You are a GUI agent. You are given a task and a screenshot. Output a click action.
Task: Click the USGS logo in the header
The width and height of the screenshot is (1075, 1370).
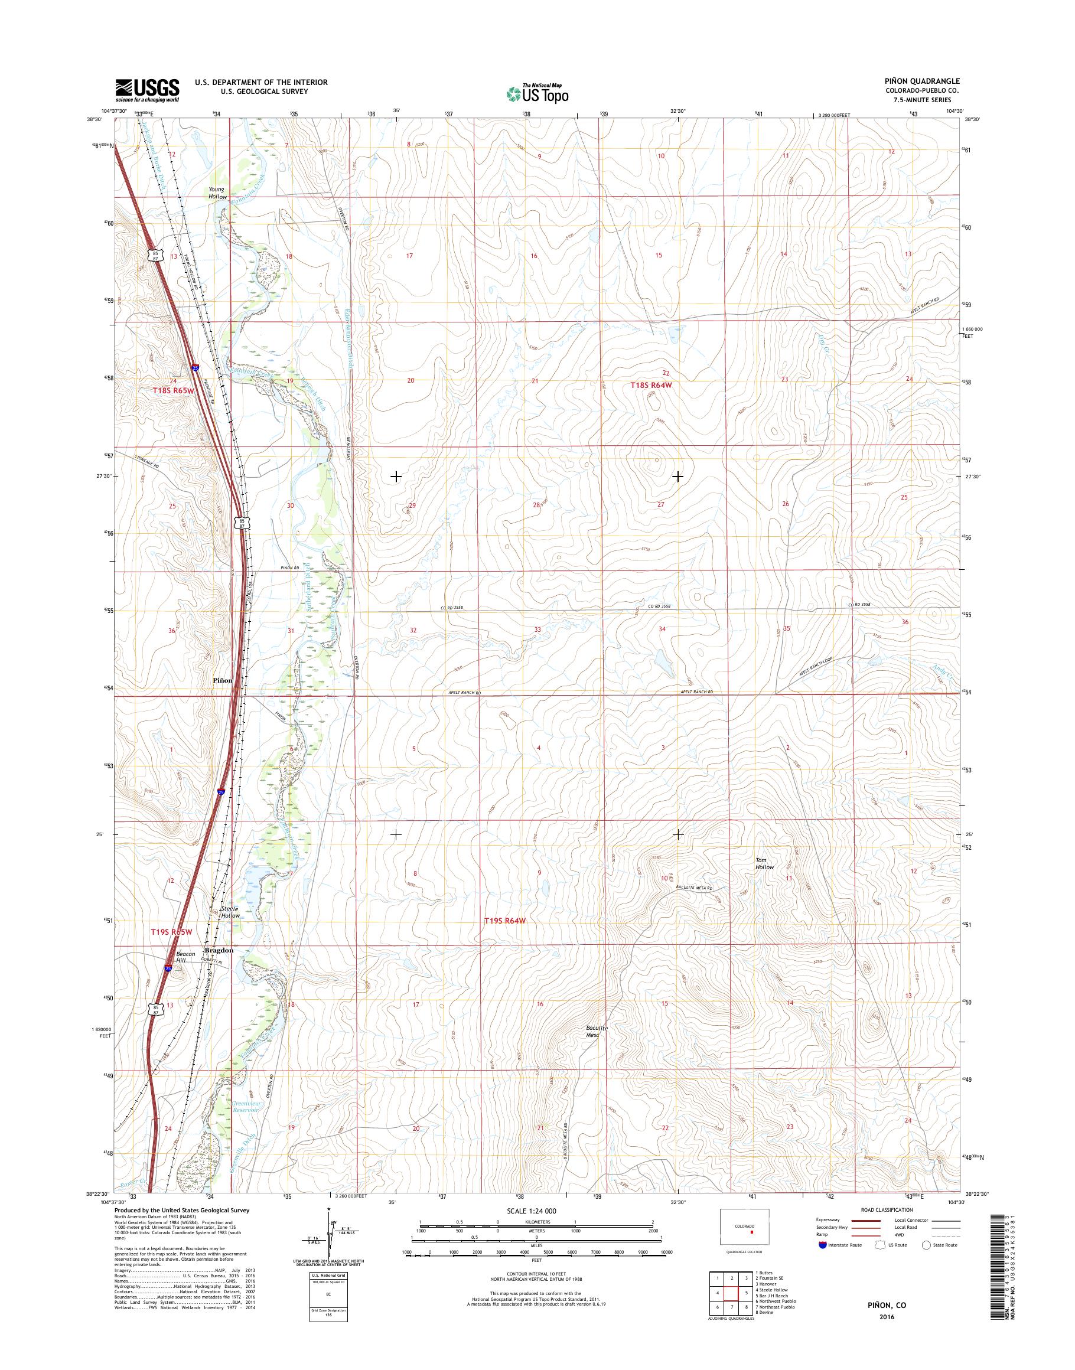(146, 90)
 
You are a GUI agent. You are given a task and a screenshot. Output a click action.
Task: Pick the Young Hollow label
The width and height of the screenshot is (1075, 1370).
(218, 193)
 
